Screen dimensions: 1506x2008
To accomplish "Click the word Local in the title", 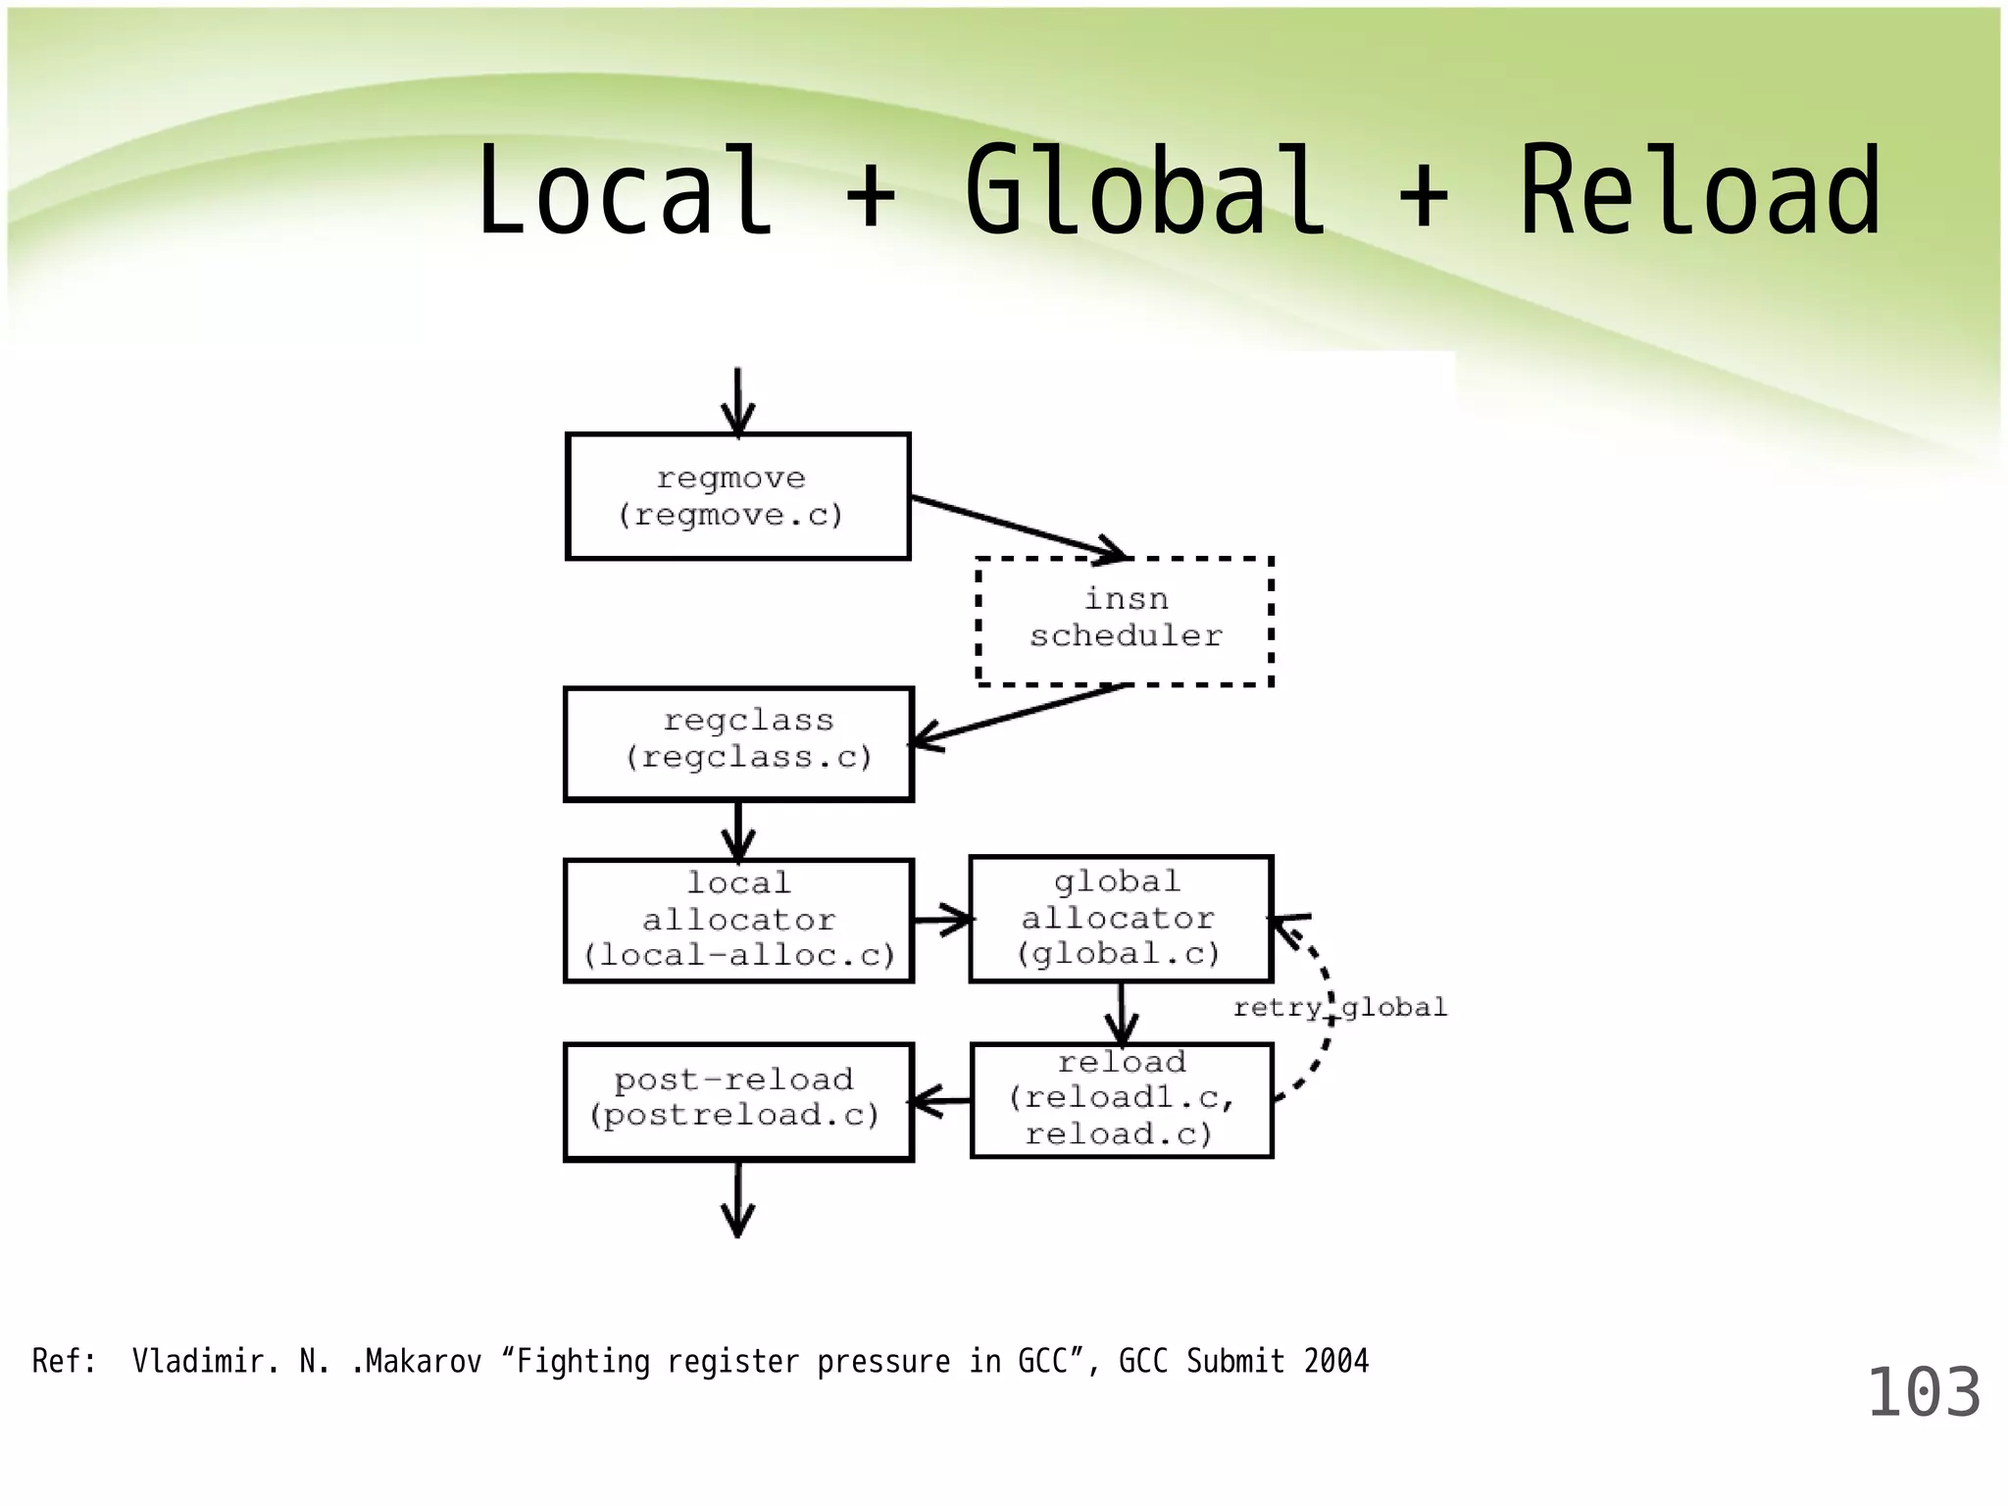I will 624,192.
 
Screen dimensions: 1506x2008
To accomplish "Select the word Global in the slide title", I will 1144,192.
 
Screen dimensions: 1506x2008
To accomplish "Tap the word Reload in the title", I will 1700,192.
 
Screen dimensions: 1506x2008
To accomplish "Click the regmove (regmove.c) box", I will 737,496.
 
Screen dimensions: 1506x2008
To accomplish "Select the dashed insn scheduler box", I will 1125,620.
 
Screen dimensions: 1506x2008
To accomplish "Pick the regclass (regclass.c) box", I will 738,744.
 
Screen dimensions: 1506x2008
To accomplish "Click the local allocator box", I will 738,920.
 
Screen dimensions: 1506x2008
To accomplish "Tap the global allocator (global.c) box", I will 1121,919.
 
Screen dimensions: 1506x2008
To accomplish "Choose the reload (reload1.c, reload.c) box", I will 1121,1099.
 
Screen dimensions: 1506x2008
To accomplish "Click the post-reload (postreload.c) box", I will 738,1101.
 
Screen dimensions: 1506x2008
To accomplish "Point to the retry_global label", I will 1339,1007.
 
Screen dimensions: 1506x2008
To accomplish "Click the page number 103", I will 1923,1392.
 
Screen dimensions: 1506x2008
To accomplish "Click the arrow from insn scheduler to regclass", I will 1020,714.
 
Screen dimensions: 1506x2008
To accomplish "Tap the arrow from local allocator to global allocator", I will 941,920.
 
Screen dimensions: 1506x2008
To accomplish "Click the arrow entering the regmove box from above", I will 737,402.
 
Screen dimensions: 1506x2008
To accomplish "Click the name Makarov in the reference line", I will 424,1361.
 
